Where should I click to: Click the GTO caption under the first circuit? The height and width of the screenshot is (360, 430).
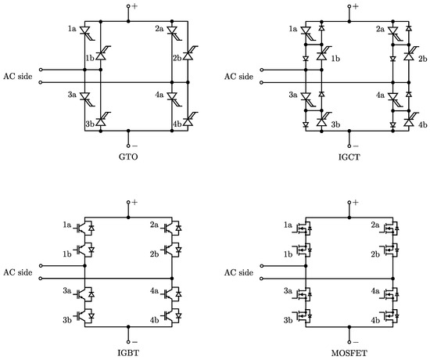pyautogui.click(x=128, y=157)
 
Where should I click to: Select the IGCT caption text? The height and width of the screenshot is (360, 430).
pyautogui.click(x=349, y=157)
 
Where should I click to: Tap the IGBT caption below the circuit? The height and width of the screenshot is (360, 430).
pyautogui.click(x=128, y=353)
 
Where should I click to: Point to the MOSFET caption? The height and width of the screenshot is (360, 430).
pyautogui.click(x=349, y=353)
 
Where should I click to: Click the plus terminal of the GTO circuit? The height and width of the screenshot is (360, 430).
pyautogui.click(x=128, y=5)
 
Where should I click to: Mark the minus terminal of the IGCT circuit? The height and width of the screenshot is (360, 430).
pyautogui.click(x=349, y=146)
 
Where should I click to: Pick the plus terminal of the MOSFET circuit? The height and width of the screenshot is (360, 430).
pyautogui.click(x=349, y=202)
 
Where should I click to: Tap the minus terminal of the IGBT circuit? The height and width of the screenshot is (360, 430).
pyautogui.click(x=128, y=342)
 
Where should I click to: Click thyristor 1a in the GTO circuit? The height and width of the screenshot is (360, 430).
pyautogui.click(x=87, y=32)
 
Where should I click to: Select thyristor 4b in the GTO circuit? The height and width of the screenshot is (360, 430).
pyautogui.click(x=189, y=120)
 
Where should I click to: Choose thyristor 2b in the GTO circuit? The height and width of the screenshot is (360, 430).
pyautogui.click(x=189, y=54)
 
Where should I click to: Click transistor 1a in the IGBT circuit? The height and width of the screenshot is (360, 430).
pyautogui.click(x=84, y=228)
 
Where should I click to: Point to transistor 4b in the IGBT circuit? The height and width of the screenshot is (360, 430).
pyautogui.click(x=172, y=316)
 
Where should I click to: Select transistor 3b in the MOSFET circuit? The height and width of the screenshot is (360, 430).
pyautogui.click(x=303, y=316)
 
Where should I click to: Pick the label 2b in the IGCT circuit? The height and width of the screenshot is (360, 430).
pyautogui.click(x=423, y=59)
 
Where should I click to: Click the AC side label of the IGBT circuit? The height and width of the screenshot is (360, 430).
pyautogui.click(x=18, y=272)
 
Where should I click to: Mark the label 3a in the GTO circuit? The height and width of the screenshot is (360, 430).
pyautogui.click(x=72, y=95)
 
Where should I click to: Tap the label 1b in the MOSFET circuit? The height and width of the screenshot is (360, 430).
pyautogui.click(x=288, y=254)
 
